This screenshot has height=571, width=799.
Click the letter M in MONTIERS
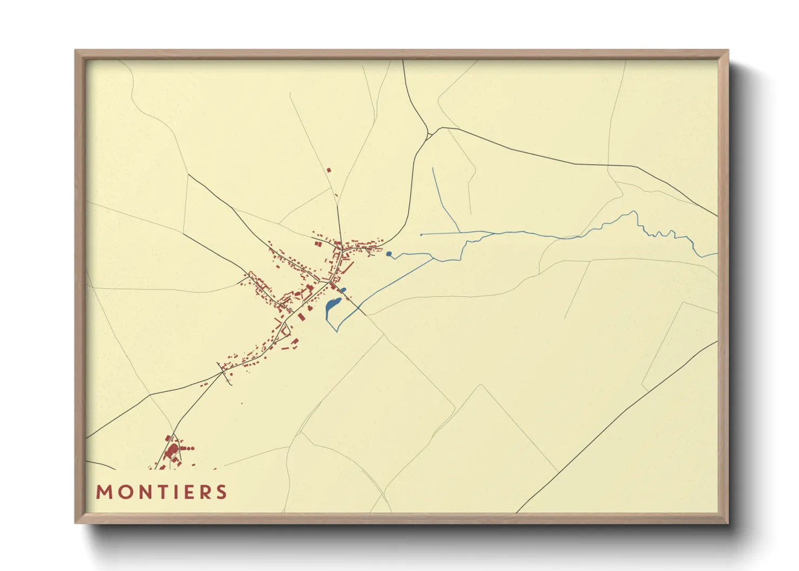[x=104, y=492]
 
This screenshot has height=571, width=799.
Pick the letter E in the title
[x=187, y=492]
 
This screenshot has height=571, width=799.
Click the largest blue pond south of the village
[x=330, y=308]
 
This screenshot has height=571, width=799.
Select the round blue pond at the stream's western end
[x=389, y=254]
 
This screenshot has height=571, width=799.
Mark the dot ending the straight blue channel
[x=421, y=235]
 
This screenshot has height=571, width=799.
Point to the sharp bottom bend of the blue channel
[x=337, y=331]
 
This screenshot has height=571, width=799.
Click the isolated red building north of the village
[x=329, y=170]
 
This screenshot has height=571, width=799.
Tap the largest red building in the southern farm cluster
[x=172, y=451]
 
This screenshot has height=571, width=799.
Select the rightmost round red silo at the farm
[x=192, y=448]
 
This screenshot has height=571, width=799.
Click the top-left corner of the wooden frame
[x=76, y=51]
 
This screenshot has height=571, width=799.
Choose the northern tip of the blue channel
[x=433, y=168]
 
